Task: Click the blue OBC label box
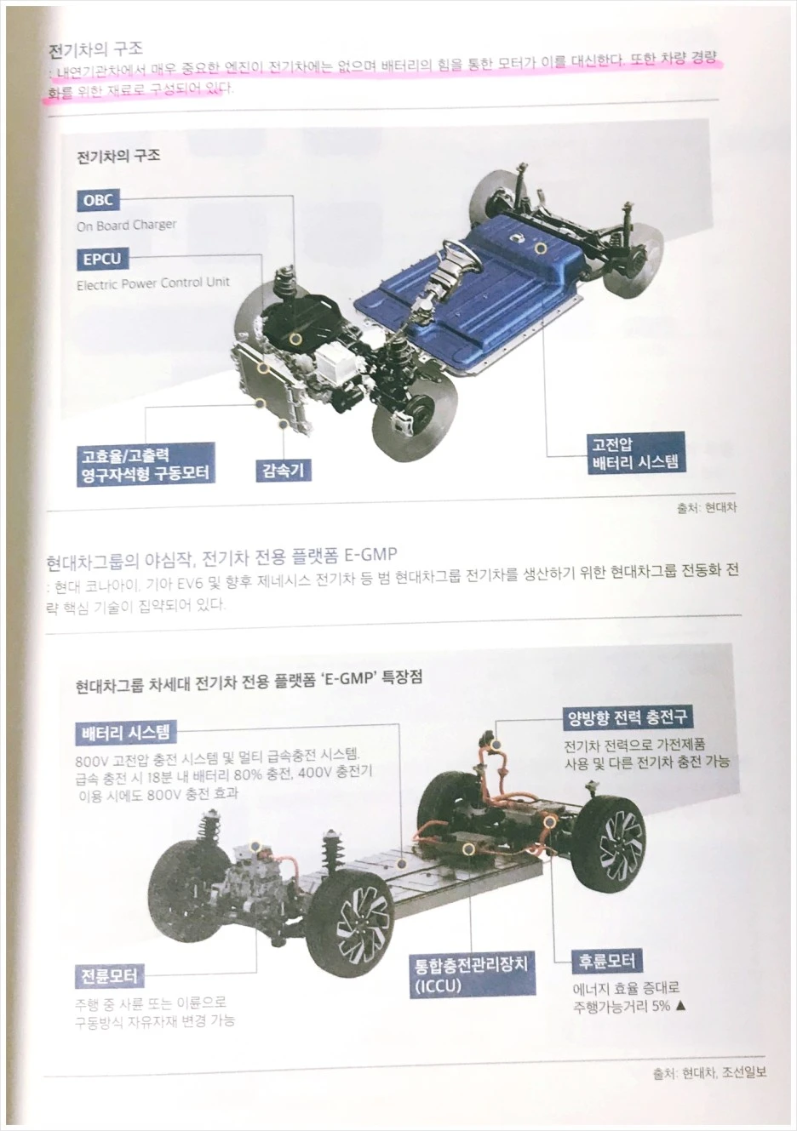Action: coord(98,201)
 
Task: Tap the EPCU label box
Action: coord(101,259)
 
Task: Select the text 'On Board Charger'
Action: coord(126,226)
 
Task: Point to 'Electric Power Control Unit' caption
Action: coord(153,283)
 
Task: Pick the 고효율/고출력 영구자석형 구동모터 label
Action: coord(145,465)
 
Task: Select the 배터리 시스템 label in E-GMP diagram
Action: coord(126,733)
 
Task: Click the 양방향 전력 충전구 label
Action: coord(628,717)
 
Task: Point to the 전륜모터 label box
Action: coord(108,975)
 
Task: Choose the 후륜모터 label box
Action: coord(607,962)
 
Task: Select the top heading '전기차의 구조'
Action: coord(95,49)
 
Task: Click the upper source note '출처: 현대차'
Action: coord(707,508)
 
